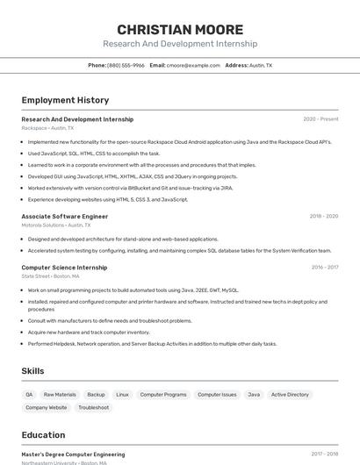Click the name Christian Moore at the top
click(x=180, y=29)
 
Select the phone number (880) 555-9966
click(x=126, y=65)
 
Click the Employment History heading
click(x=65, y=100)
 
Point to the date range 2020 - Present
click(x=320, y=119)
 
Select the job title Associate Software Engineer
click(x=65, y=216)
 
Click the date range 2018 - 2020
click(x=323, y=216)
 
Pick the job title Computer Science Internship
click(x=64, y=268)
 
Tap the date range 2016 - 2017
click(x=324, y=268)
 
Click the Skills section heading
click(x=32, y=371)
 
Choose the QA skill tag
click(x=29, y=395)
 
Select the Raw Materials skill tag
click(x=60, y=395)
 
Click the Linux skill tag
click(x=122, y=395)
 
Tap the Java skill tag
click(x=254, y=395)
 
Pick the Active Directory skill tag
click(x=290, y=395)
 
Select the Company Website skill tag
click(x=46, y=407)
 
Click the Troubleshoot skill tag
click(x=93, y=407)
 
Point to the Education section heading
click(x=43, y=435)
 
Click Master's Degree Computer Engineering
click(x=73, y=454)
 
